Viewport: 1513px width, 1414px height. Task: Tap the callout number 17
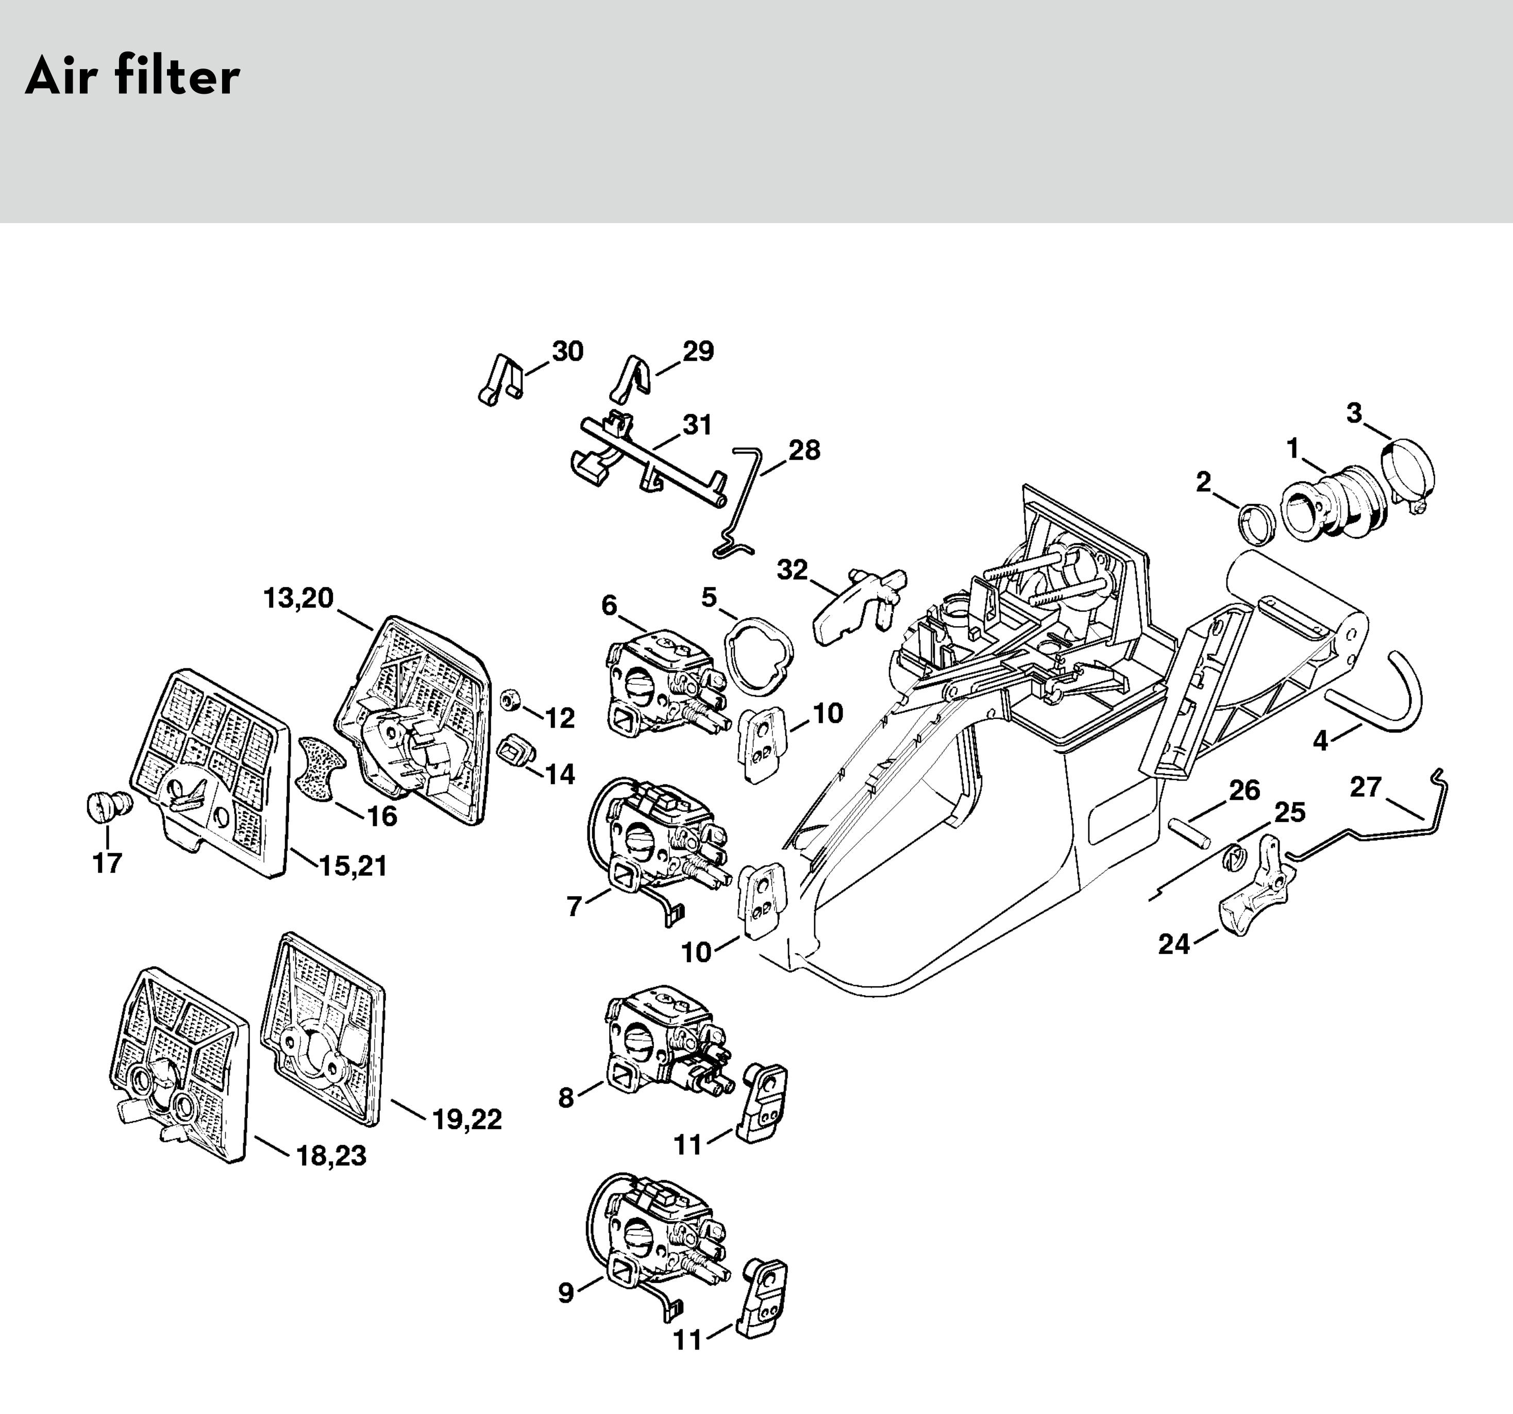point(107,863)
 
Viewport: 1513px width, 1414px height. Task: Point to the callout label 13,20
point(298,598)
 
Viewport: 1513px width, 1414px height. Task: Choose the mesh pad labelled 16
point(320,768)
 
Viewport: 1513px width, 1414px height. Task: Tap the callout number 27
point(1365,787)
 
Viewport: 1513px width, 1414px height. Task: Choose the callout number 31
point(697,425)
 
